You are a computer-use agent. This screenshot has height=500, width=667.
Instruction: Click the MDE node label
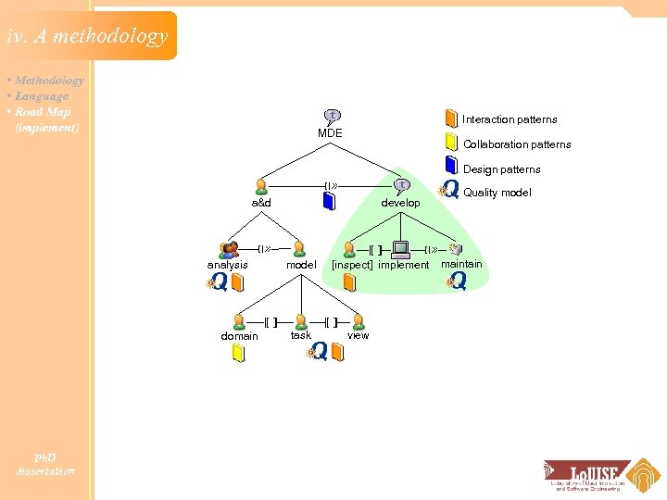330,133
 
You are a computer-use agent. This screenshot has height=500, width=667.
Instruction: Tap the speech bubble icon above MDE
332,117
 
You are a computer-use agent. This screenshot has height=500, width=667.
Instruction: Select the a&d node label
261,203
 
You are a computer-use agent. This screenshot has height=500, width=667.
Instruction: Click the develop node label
400,203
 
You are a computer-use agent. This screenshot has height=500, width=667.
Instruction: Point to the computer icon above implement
400,249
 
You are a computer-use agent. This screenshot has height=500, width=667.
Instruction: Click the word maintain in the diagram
461,264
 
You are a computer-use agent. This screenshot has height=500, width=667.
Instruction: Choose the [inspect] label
353,265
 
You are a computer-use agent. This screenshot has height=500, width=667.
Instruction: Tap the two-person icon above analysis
229,249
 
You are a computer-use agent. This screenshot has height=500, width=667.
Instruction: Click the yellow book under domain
238,354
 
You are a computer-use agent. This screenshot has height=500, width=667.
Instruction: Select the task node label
301,335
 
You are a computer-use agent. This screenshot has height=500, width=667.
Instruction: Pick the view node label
358,335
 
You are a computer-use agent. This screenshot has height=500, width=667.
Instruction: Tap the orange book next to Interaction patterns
450,119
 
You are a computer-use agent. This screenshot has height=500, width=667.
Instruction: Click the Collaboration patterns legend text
517,144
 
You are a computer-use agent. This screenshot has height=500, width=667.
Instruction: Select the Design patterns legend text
501,169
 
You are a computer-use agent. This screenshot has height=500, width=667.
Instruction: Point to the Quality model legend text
497,193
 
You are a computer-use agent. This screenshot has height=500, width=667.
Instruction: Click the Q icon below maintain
457,281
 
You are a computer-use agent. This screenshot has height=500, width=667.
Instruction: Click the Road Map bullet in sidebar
43,112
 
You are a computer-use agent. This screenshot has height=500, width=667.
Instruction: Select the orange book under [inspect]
349,281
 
